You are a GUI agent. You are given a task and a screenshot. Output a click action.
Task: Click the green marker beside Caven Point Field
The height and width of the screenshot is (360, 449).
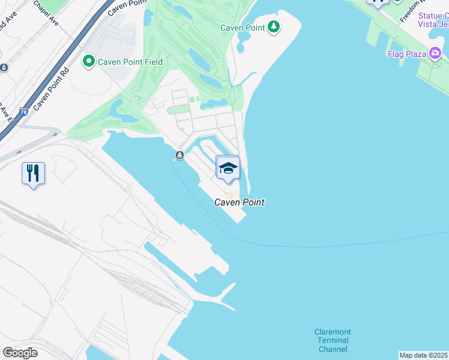pyautogui.click(x=89, y=61)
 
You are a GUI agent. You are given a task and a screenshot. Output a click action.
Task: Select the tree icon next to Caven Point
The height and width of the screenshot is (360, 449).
pyautogui.click(x=274, y=26)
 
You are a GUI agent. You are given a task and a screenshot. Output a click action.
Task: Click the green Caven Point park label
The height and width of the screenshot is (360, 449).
pyautogui.click(x=242, y=28)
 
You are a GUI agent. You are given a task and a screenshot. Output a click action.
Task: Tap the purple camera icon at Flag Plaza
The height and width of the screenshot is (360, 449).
pyautogui.click(x=435, y=54)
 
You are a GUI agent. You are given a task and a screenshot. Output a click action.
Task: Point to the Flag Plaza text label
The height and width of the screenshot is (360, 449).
pyautogui.click(x=407, y=55)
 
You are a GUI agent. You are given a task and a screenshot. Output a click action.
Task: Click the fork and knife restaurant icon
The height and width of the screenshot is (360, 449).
pyautogui.click(x=34, y=173)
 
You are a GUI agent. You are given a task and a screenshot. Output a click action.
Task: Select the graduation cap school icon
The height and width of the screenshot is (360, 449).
pyautogui.click(x=228, y=167)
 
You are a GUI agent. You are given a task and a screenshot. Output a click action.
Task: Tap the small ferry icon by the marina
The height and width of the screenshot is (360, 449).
pyautogui.click(x=179, y=156)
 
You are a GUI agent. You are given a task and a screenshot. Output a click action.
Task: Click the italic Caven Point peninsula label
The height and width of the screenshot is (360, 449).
pyautogui.click(x=240, y=203)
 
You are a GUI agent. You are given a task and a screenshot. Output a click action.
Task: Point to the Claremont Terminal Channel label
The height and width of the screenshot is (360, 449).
pyautogui.click(x=333, y=341)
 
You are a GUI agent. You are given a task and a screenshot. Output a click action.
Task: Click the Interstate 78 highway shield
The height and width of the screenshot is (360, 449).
pyautogui.click(x=24, y=112)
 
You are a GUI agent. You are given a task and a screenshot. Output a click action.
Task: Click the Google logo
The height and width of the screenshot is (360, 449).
pyautogui.click(x=20, y=352)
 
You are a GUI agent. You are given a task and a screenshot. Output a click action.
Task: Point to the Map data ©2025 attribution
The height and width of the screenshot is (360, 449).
pyautogui.click(x=423, y=355)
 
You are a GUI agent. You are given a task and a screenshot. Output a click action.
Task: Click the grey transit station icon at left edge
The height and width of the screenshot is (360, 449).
pyautogui.click(x=4, y=68)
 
